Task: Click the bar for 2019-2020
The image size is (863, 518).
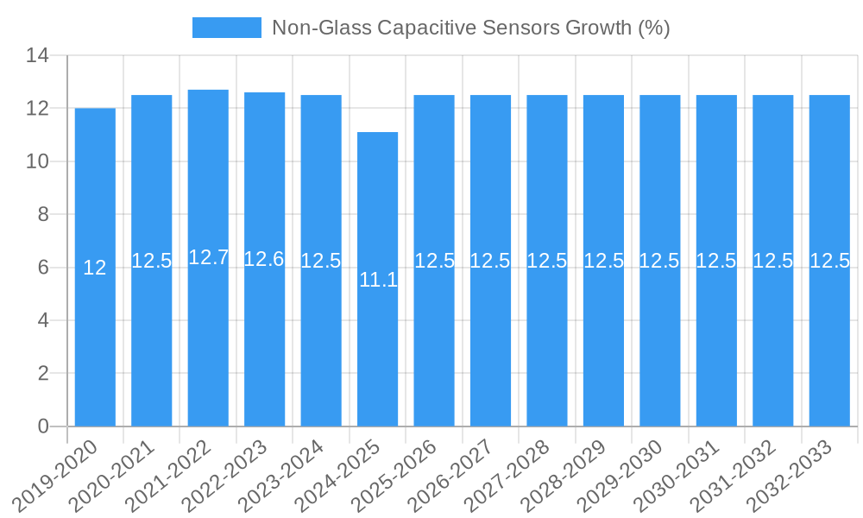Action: pos(95,345)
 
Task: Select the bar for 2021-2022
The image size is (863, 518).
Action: pos(208,345)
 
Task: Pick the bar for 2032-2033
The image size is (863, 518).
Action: pos(829,345)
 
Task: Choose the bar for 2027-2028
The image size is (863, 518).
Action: pos(547,345)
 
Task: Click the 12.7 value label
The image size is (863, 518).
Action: pos(208,257)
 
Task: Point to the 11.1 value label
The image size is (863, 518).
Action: pos(377,279)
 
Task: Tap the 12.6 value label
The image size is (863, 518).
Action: pos(264,259)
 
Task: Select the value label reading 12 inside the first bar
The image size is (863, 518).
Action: pos(95,268)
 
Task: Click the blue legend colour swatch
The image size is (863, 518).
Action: pos(226,28)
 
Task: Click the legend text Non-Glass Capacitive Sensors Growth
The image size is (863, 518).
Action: pos(470,28)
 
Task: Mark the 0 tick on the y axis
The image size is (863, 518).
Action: pos(44,426)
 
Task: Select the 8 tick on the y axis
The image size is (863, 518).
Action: pos(44,215)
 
